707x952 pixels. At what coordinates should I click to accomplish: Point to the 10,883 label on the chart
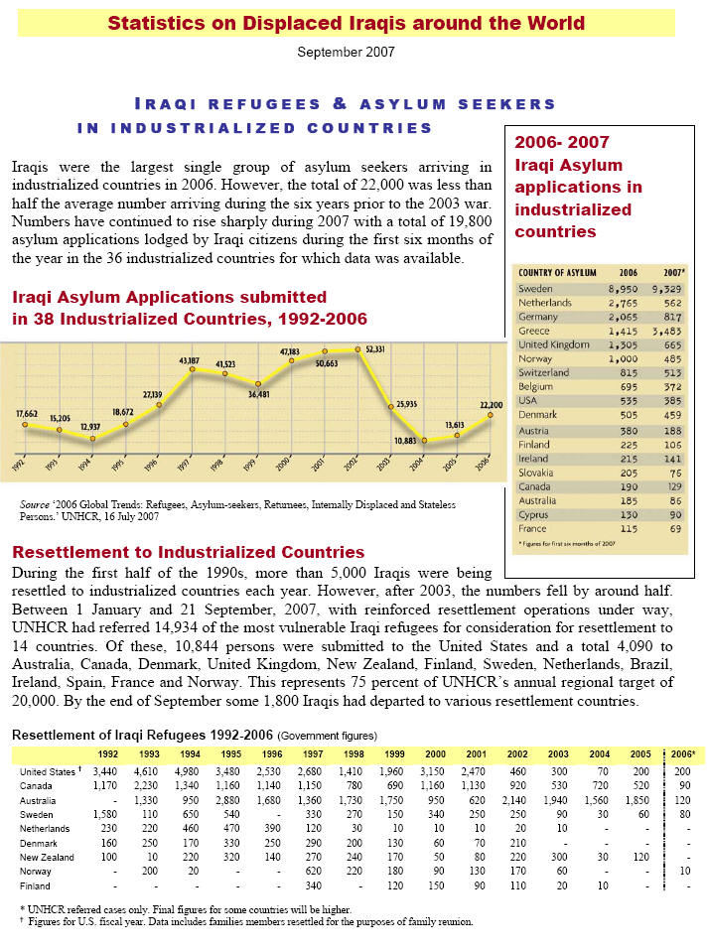(x=409, y=440)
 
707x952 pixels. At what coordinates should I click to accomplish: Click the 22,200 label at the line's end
(x=491, y=405)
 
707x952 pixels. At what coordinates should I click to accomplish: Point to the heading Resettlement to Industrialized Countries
(x=188, y=552)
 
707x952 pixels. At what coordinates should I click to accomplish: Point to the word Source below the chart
(x=36, y=504)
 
